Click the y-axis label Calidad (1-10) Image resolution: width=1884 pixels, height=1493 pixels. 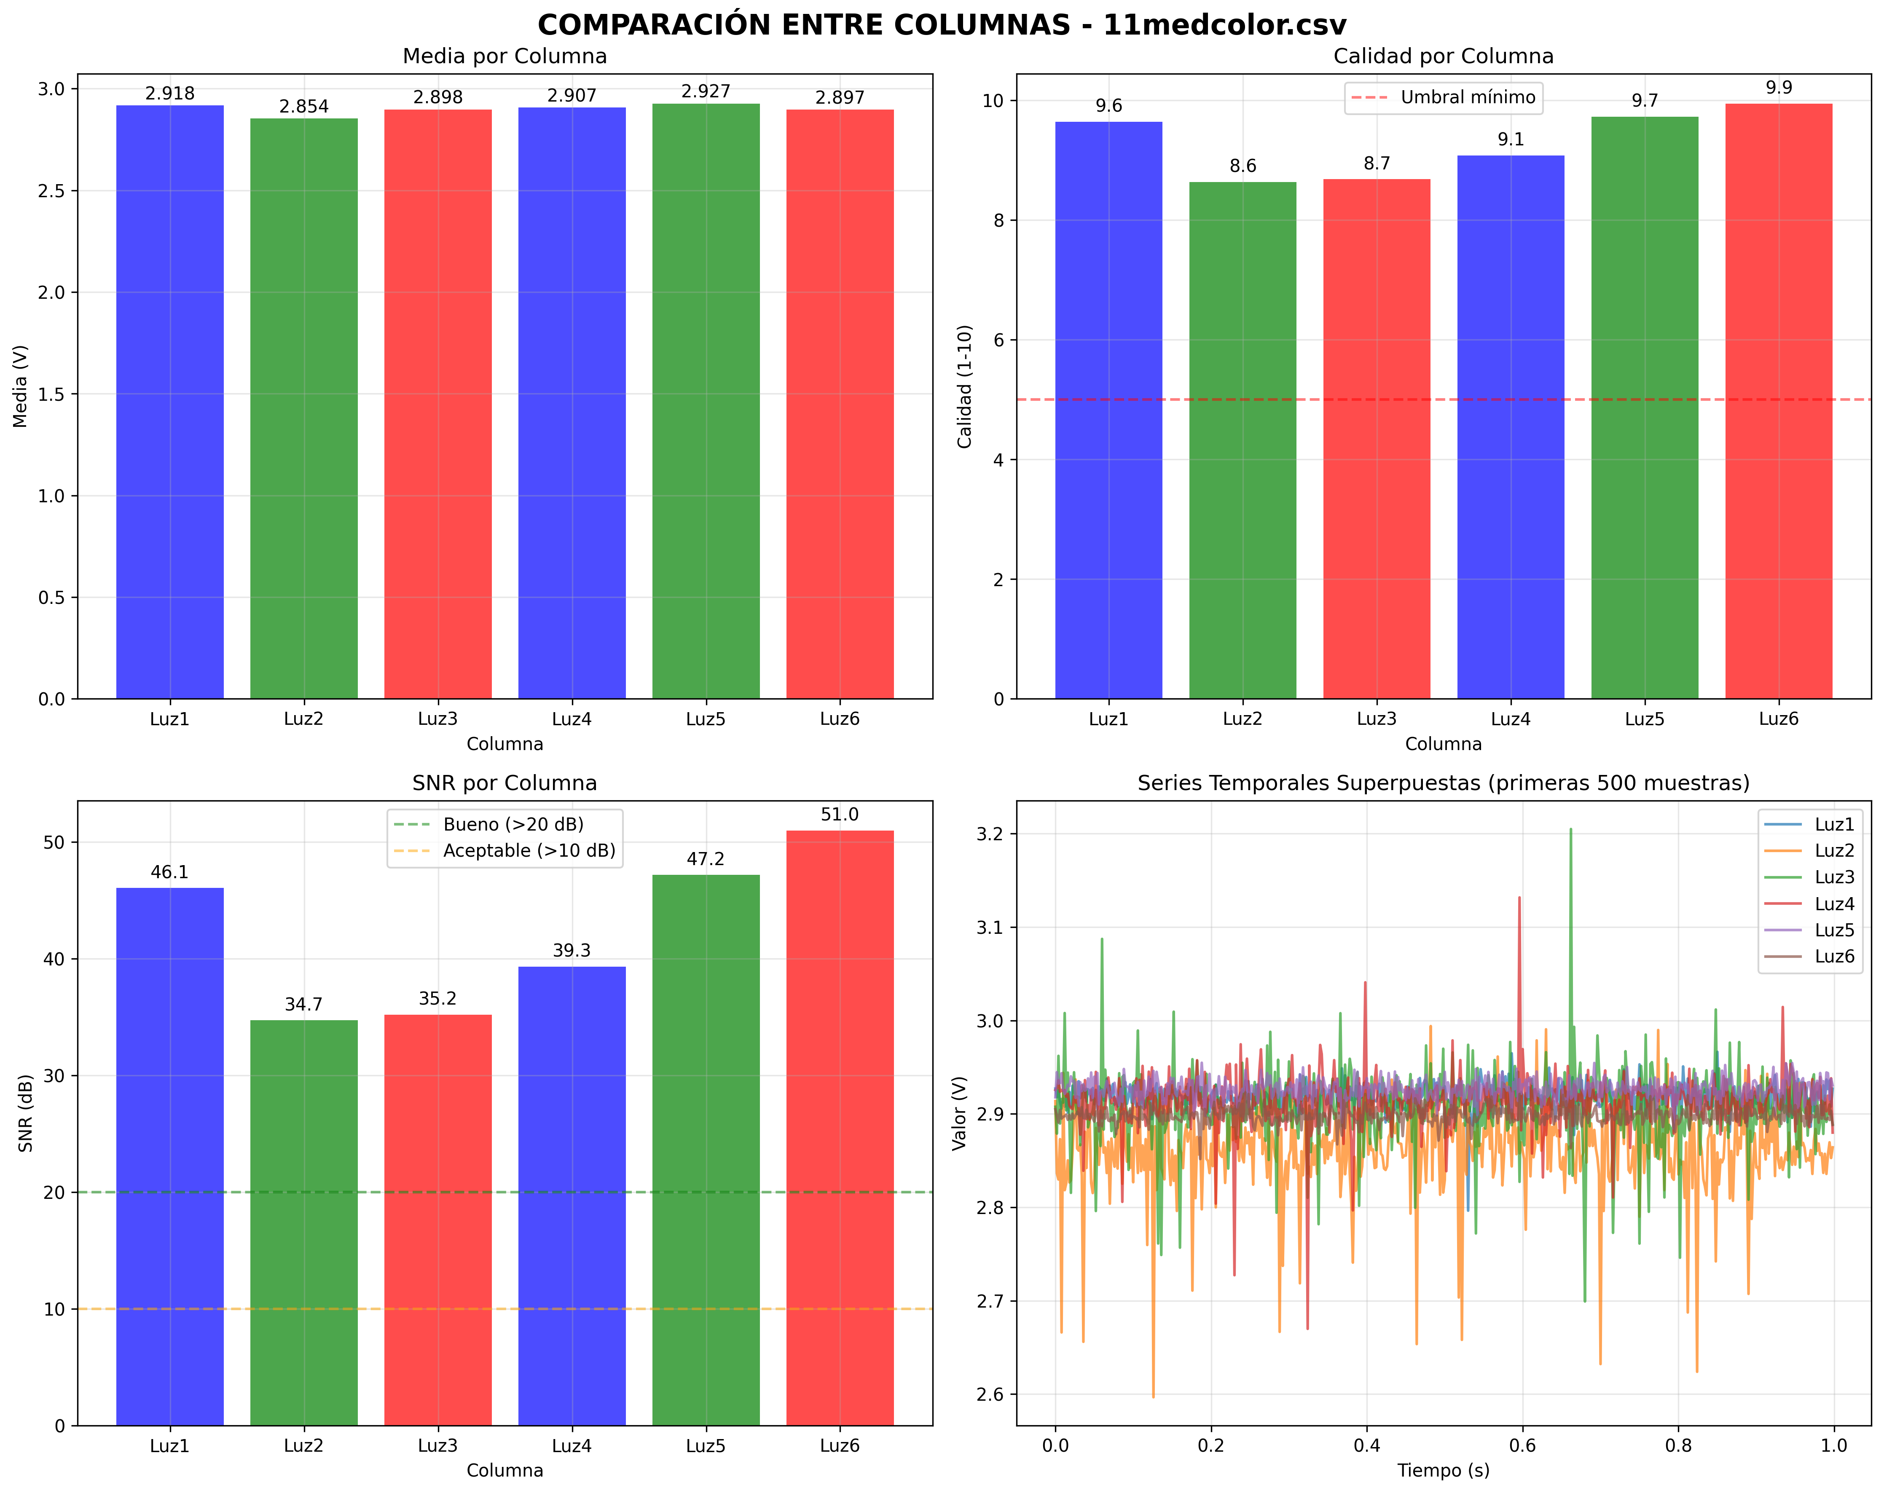coord(965,386)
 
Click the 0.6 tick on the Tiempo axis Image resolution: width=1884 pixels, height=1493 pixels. coord(1522,1446)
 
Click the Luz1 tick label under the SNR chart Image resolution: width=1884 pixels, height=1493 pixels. coord(169,1446)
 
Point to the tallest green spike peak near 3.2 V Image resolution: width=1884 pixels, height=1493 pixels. coord(1570,829)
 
